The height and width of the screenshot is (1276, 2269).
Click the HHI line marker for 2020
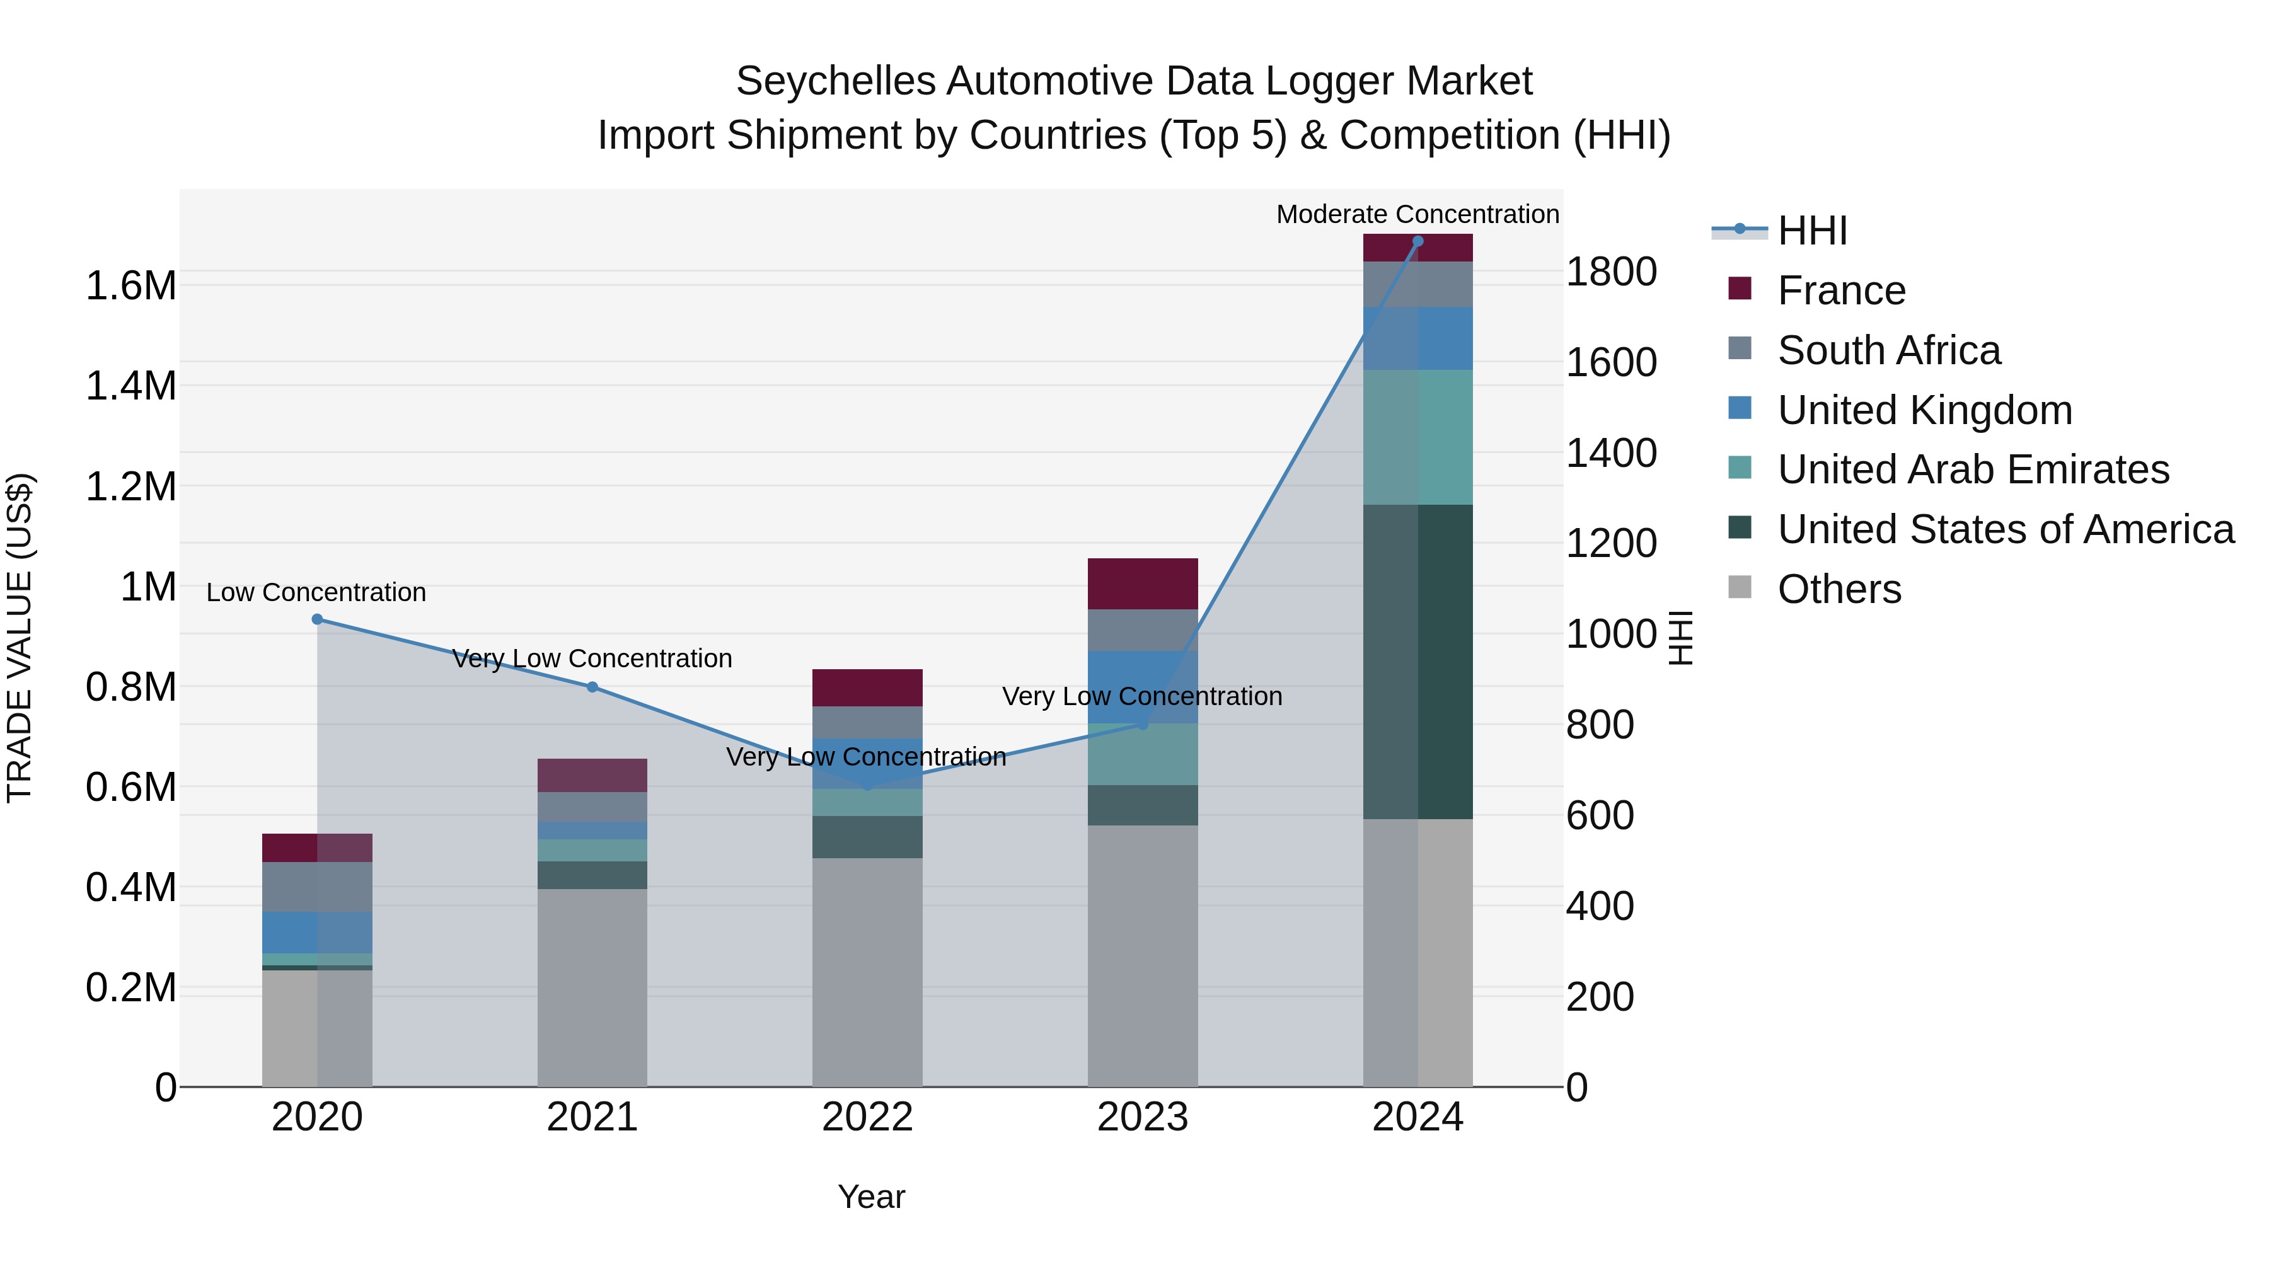[x=317, y=619]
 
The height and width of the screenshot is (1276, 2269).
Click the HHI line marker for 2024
[x=1417, y=241]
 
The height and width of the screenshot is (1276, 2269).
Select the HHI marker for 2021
[x=592, y=687]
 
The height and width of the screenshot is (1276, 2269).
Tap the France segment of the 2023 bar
[x=1143, y=583]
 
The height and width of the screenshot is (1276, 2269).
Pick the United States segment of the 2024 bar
[x=1417, y=660]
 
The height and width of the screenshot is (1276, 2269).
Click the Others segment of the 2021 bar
[x=592, y=986]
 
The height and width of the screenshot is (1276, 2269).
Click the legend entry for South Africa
[x=1888, y=350]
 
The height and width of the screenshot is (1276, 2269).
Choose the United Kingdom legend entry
[x=1925, y=410]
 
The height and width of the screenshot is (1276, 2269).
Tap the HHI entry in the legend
[x=1812, y=231]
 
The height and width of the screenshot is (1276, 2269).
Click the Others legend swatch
[x=1740, y=587]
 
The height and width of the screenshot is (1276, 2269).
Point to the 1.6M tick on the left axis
[x=130, y=286]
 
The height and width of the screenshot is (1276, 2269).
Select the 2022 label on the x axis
[x=867, y=1117]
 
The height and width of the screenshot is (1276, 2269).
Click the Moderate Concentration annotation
[x=1417, y=214]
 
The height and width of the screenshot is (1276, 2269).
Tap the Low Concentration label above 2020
[x=316, y=593]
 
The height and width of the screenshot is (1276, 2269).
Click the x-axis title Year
[x=871, y=1197]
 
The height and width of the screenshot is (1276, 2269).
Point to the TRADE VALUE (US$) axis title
[x=20, y=638]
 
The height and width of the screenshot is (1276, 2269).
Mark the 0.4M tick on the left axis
[x=130, y=888]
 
